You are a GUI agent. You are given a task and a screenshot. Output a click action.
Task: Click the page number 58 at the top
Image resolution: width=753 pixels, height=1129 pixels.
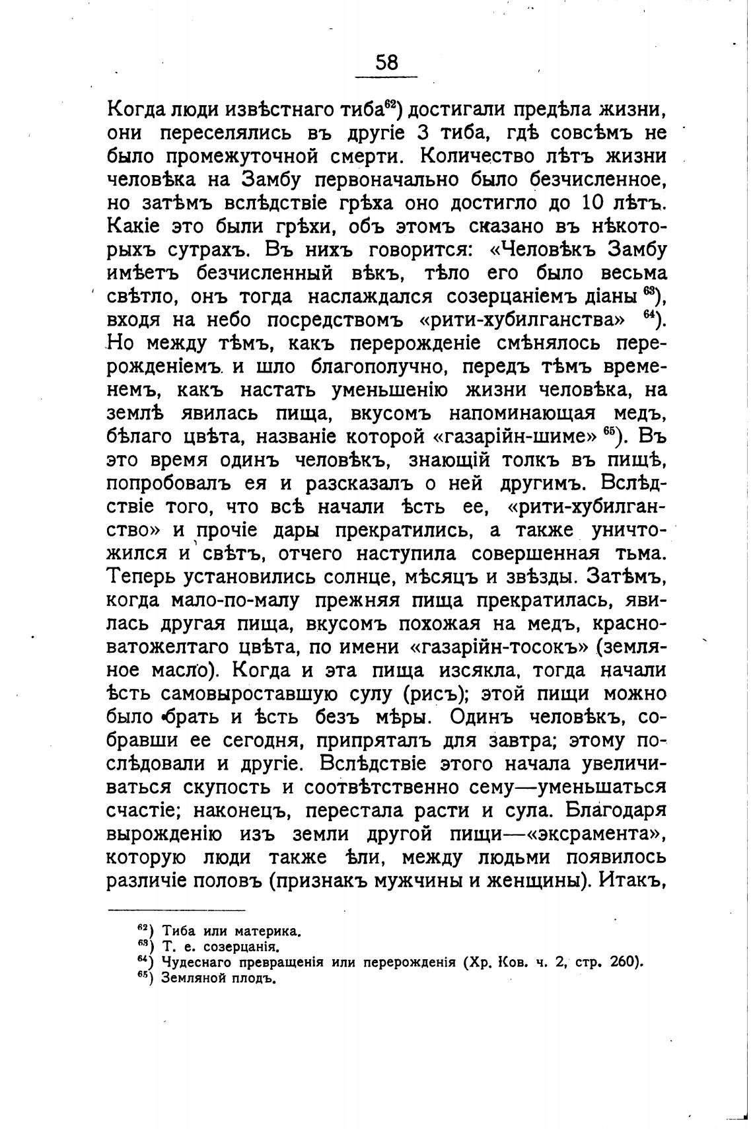tap(387, 62)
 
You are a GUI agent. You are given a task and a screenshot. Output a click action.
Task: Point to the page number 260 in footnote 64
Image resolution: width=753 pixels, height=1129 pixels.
tap(623, 961)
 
